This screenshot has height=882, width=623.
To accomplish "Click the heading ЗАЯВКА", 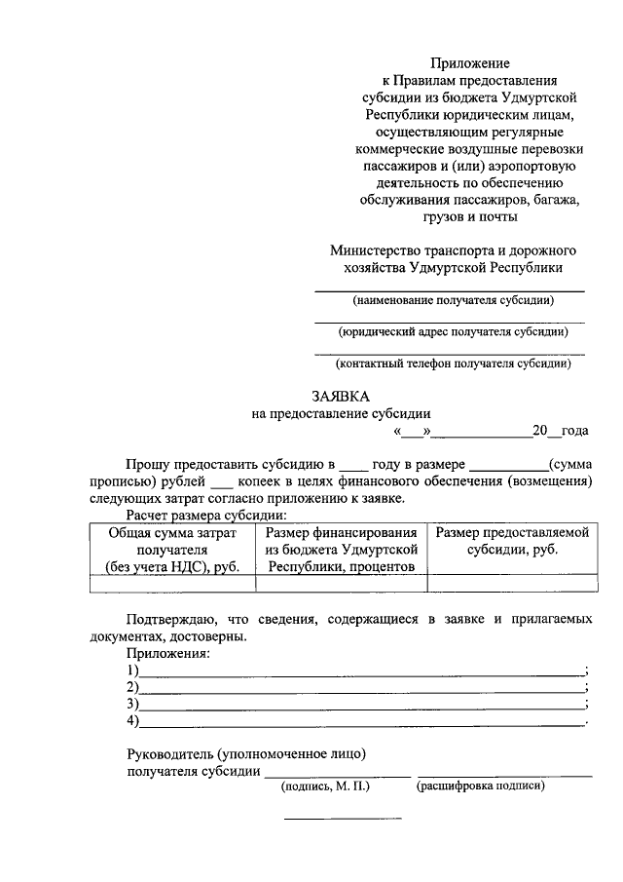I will coord(341,397).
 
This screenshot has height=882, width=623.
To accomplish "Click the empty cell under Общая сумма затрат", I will coord(172,584).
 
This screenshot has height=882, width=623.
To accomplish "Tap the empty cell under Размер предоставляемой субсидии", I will coord(512,584).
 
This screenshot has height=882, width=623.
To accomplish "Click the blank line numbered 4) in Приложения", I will coord(360,721).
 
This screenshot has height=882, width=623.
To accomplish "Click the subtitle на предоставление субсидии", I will coord(341,413).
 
